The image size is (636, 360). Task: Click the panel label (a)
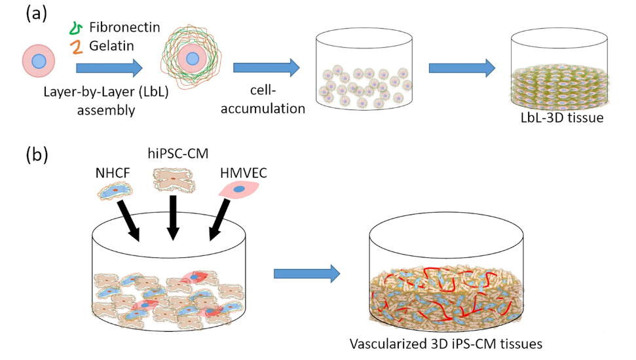pos(36,13)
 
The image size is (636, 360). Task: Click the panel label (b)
pos(37,155)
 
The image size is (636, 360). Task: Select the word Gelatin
pos(112,46)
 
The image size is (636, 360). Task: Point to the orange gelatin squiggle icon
pos(76,46)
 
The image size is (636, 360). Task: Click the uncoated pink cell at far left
pos(39,61)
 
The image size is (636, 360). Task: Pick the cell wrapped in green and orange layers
pos(191,59)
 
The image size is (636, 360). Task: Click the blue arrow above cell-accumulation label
pos(266,67)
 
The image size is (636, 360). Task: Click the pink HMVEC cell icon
pos(237,189)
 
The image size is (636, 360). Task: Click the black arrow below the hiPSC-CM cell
pos(173,219)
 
